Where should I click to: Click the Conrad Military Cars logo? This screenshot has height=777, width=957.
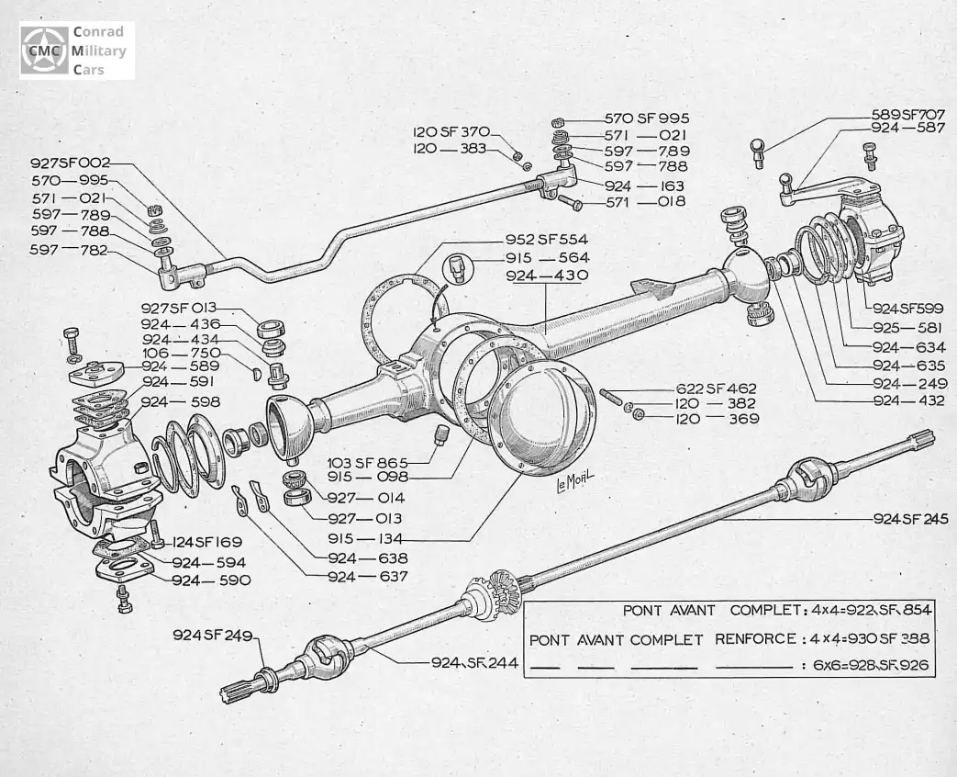point(76,51)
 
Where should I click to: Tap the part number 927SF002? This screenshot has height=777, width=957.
point(71,163)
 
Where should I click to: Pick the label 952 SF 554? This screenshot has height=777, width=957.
point(547,239)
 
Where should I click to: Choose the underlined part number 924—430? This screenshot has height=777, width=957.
point(547,276)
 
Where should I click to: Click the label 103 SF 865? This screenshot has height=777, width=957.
point(368,462)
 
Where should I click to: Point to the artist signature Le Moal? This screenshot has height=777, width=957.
point(575,481)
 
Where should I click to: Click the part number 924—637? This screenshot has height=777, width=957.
point(368,576)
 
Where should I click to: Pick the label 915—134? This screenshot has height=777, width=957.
point(368,538)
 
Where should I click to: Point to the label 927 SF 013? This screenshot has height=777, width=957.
point(180,308)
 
